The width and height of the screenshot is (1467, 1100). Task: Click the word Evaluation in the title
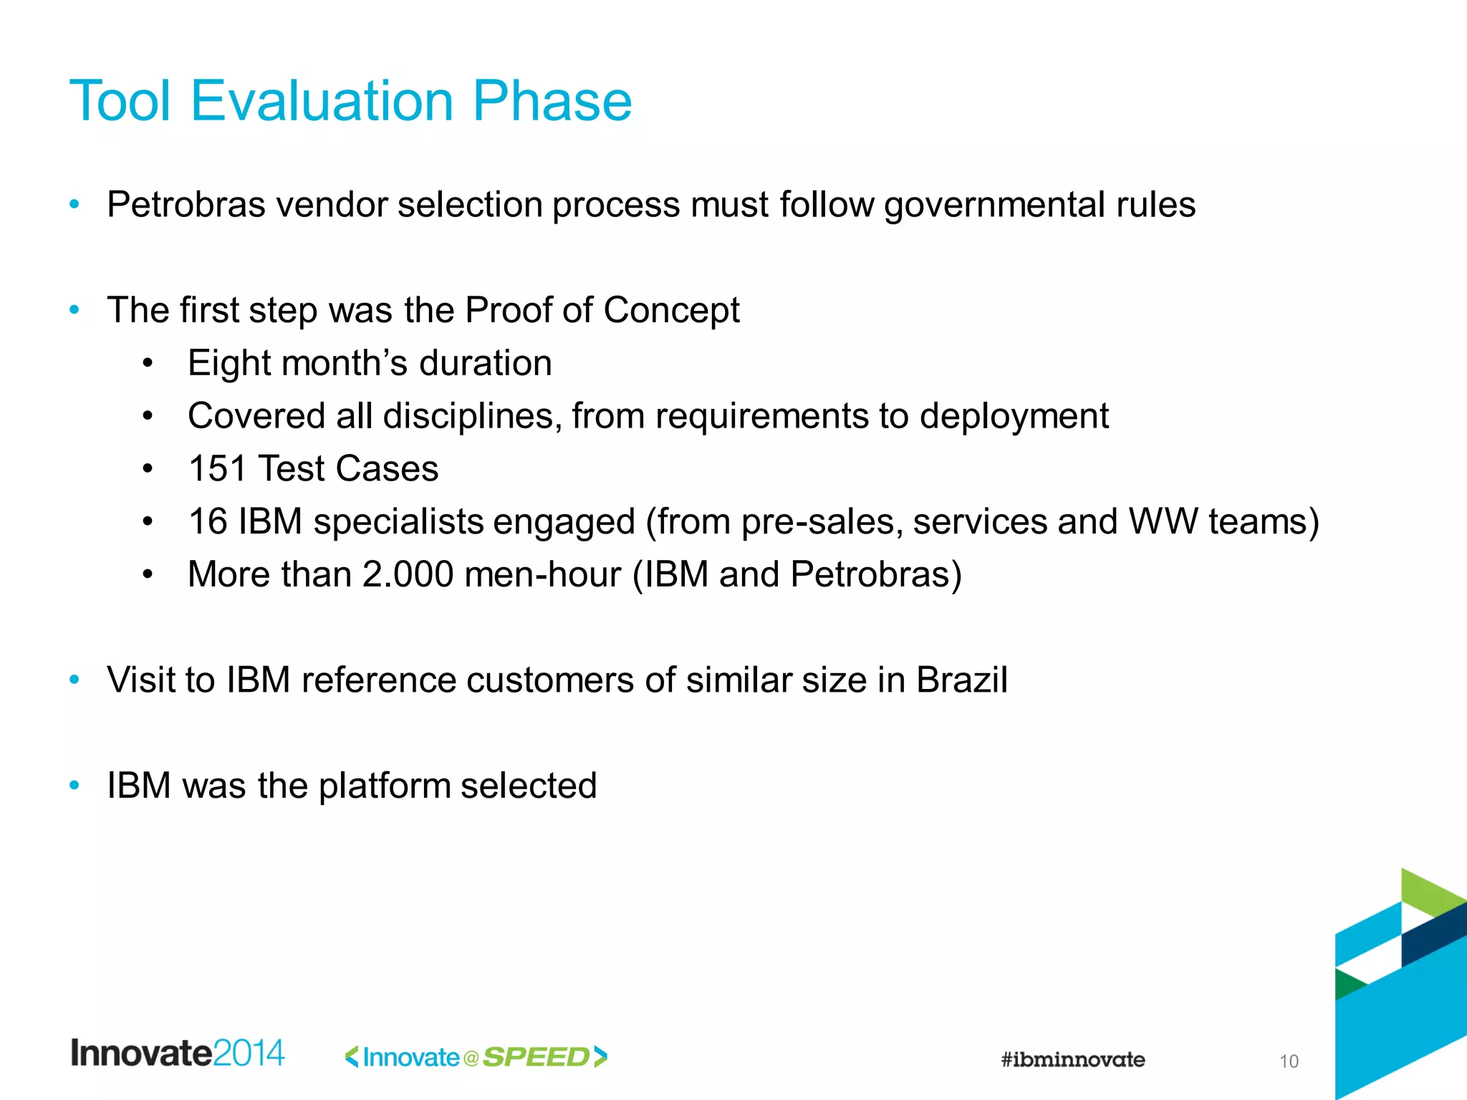pos(322,101)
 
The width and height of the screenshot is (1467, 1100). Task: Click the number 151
pos(217,469)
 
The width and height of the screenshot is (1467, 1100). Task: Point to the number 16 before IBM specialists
pos(208,521)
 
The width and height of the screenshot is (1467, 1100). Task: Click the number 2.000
pos(408,574)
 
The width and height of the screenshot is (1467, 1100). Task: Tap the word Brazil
pos(961,680)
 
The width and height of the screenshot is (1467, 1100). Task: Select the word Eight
pos(229,363)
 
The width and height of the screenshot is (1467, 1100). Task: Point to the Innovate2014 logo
pos(177,1053)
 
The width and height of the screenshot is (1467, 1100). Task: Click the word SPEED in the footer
pos(537,1057)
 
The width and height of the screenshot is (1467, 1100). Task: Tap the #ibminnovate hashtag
pos(1072,1059)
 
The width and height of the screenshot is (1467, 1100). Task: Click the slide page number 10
pos(1289,1061)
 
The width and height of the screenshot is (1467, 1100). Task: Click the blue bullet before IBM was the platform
pos(74,786)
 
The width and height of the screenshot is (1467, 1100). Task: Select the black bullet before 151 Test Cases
pos(148,469)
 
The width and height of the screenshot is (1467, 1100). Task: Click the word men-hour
pos(542,574)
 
